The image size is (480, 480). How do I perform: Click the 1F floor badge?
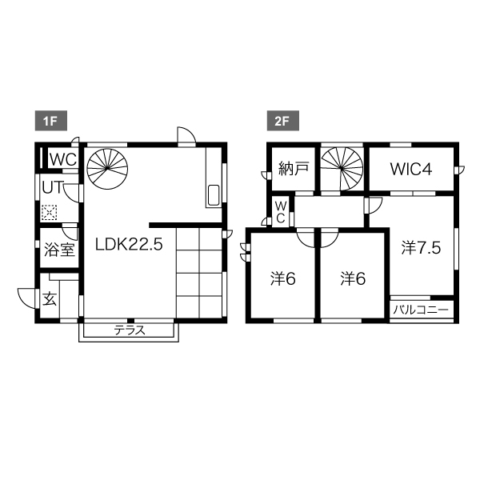pos(51,121)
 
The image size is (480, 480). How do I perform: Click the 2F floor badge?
pos(283,121)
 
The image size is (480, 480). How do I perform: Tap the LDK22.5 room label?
pos(129,245)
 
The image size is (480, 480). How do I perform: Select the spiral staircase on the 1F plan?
pos(107,169)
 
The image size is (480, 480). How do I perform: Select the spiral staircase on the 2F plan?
pos(342,168)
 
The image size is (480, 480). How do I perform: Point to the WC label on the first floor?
pos(63,159)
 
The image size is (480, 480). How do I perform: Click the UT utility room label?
pos(54,187)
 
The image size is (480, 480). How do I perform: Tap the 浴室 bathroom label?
pos(59,250)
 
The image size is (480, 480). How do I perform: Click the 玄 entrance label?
pos(50,299)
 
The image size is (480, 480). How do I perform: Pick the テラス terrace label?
pos(129,330)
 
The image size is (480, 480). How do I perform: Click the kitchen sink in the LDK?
pos(214,195)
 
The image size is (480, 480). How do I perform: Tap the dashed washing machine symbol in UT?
pos(49,213)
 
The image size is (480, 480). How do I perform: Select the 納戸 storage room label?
pos(294,169)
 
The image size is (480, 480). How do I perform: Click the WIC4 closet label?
pos(411,169)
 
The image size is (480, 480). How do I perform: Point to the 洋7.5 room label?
pos(421,248)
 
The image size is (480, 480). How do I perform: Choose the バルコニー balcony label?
pos(421,310)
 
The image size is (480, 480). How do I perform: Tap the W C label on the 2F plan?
pos(280,212)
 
